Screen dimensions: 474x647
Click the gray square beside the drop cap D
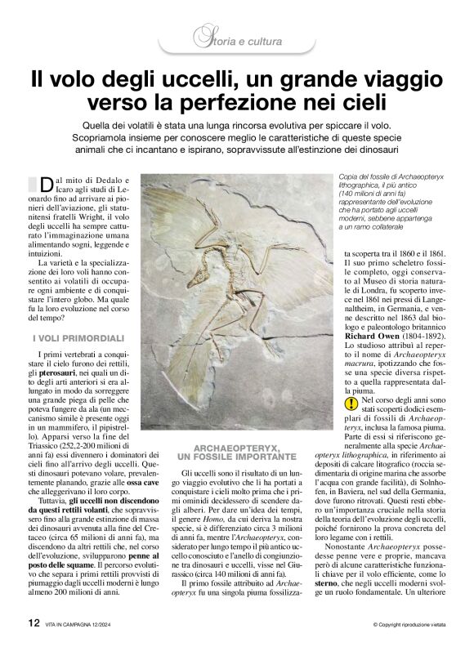[33, 183]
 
